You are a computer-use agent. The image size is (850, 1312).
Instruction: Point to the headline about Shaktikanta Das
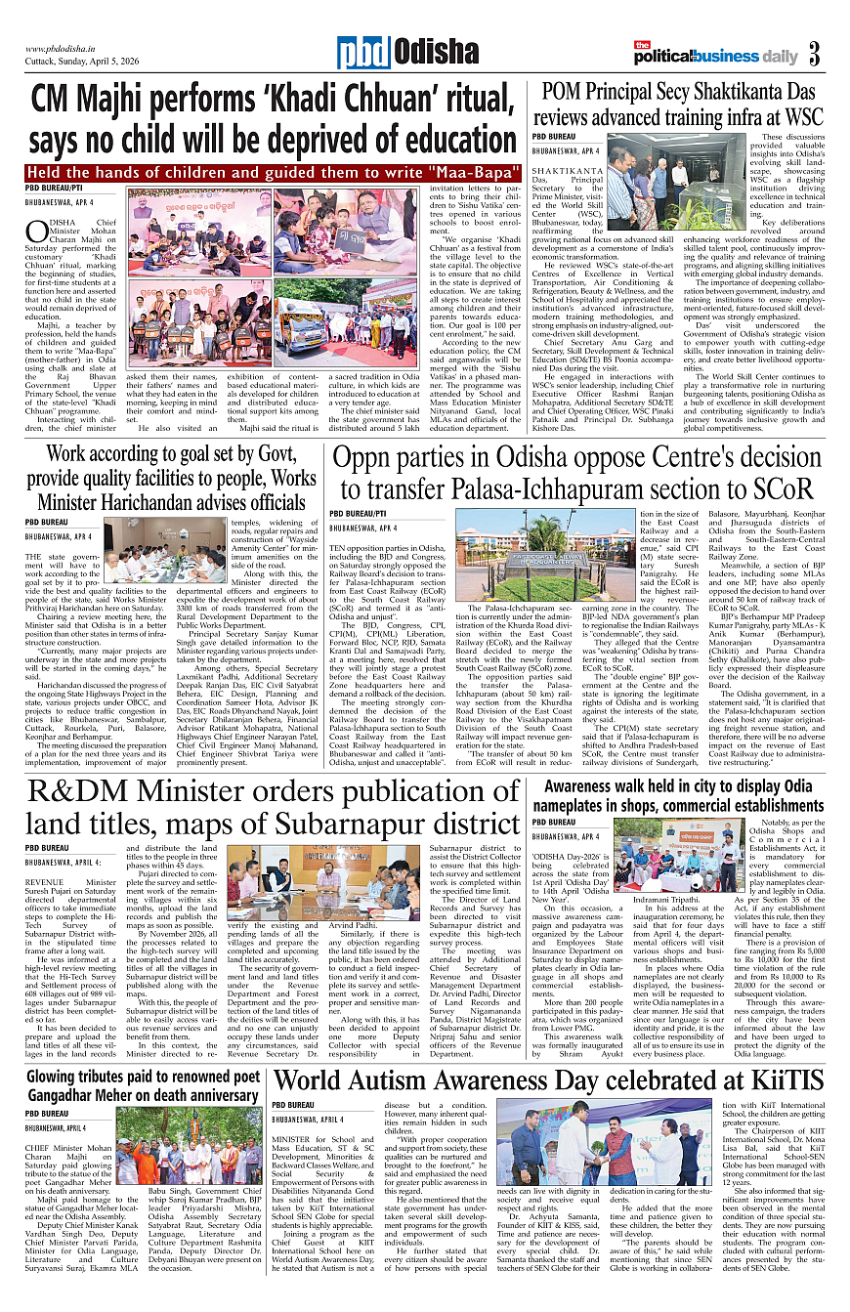tap(683, 105)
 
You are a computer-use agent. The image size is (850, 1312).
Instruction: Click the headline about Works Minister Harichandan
tap(166, 479)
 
